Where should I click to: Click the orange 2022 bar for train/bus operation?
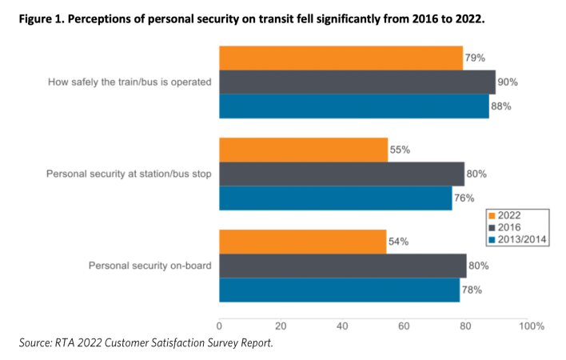341,58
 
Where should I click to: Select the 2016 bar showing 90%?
357,82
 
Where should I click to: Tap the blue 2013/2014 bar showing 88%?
354,106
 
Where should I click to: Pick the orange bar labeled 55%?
304,150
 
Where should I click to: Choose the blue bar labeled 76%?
336,198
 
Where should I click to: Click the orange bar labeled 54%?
302,242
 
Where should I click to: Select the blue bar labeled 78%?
339,290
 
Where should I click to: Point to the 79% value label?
475,58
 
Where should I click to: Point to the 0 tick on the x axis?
219,326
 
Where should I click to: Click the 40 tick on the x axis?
342,326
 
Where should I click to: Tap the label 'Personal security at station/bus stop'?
129,174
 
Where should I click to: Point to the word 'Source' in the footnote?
36,342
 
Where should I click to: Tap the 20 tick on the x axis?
281,326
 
